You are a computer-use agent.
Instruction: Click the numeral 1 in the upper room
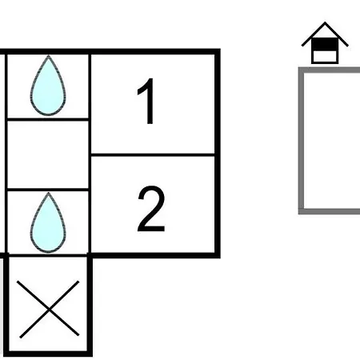coord(146,101)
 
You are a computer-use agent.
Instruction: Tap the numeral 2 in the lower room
coord(151,209)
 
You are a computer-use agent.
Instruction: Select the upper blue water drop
coord(48,86)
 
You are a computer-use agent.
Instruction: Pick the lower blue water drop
coord(48,222)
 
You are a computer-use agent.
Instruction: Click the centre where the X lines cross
coord(49,310)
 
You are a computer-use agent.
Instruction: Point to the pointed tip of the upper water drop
coord(48,55)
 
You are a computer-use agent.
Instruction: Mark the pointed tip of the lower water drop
coord(48,193)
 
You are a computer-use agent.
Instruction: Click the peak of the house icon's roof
coord(325,22)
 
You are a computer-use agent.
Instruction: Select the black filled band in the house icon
coord(325,44)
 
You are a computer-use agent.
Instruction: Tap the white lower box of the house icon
coord(325,56)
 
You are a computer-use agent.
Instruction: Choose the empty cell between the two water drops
coord(48,154)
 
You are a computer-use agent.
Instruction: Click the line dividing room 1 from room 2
coord(153,155)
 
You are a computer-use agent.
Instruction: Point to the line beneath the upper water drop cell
coord(48,119)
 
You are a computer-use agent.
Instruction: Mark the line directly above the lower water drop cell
coord(48,190)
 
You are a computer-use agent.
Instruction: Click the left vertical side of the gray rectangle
coord(301,141)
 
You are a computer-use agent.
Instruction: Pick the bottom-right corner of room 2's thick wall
coord(218,255)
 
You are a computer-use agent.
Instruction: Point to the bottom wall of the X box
coord(48,354)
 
